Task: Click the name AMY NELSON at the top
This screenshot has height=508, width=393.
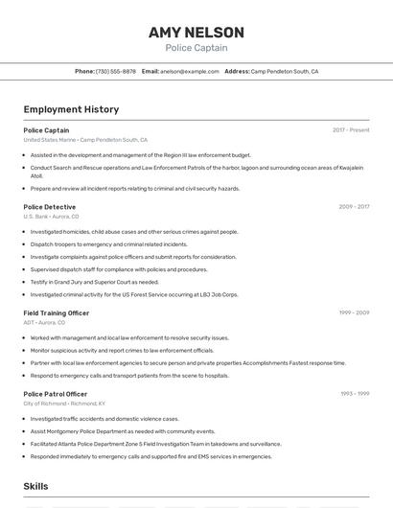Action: click(196, 33)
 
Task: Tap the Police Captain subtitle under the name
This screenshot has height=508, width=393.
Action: click(196, 48)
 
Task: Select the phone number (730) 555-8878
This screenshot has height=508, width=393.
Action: click(115, 71)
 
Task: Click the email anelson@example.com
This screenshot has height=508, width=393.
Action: click(189, 71)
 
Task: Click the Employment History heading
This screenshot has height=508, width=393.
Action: click(71, 109)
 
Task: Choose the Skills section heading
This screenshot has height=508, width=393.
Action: click(36, 487)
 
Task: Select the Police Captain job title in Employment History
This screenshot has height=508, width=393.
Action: click(46, 130)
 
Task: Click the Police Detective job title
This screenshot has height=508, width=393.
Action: click(50, 207)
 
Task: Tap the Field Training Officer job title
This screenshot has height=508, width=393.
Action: click(57, 312)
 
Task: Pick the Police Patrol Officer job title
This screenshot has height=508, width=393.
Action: click(56, 394)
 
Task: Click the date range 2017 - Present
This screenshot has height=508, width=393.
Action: click(351, 130)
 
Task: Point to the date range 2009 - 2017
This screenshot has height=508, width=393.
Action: click(354, 207)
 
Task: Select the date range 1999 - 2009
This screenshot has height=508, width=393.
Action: click(354, 312)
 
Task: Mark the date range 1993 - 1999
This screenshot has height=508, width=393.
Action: click(355, 394)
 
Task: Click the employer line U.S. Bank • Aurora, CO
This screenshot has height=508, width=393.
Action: click(51, 217)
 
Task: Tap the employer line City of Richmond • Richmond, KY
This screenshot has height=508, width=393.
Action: click(64, 404)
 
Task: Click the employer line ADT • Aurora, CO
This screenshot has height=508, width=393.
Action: click(44, 322)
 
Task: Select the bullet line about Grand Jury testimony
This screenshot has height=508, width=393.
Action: click(94, 282)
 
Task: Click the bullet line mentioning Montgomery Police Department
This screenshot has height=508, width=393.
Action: click(123, 431)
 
